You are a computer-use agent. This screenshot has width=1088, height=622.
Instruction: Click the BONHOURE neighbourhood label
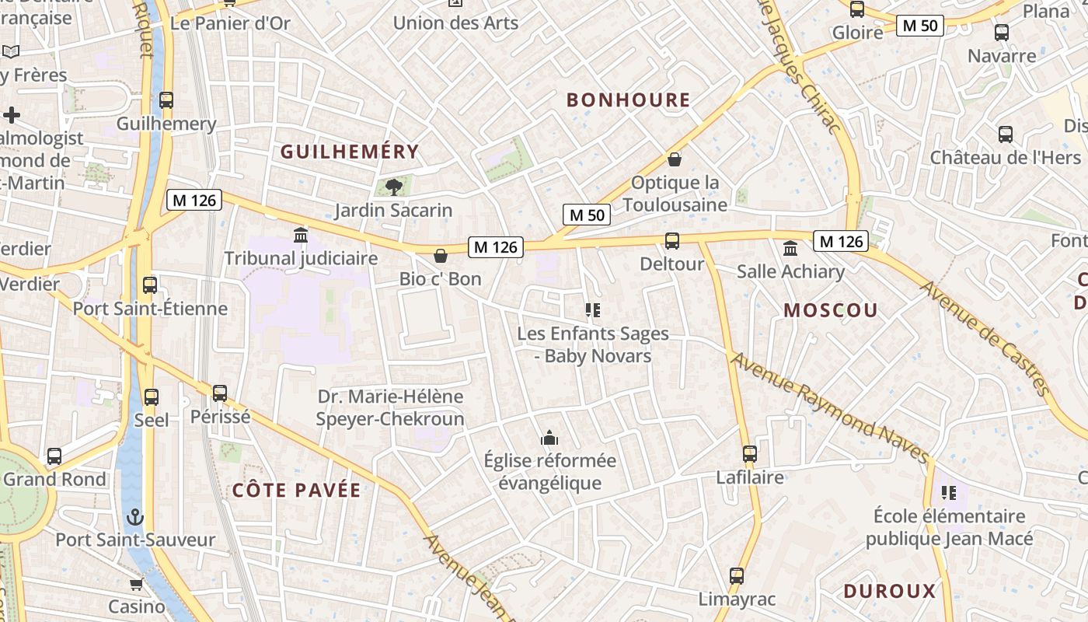point(628,100)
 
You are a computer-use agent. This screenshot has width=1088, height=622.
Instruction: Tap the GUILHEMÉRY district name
point(350,152)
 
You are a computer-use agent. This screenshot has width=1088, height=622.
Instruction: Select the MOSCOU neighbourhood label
point(830,310)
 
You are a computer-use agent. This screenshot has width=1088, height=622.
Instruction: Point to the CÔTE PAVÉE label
point(296,490)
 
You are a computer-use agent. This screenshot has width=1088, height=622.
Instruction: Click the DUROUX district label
point(890,591)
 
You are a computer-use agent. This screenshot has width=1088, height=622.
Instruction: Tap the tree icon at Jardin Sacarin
point(393,187)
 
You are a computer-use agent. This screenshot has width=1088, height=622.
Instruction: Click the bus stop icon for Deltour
point(672,241)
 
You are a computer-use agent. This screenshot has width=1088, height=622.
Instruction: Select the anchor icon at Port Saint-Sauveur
point(135,517)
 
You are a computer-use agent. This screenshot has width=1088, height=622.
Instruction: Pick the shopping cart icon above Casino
point(137,584)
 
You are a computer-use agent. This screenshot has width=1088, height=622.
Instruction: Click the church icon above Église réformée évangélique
point(549,438)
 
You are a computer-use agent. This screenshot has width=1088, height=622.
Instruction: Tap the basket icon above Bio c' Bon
point(441,256)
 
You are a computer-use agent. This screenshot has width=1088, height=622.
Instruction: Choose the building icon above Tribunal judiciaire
point(301,235)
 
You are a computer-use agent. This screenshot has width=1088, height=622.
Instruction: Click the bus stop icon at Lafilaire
point(749,454)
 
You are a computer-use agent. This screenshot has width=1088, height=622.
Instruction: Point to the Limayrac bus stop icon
point(737,576)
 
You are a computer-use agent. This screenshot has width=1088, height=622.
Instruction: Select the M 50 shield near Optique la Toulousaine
point(586,215)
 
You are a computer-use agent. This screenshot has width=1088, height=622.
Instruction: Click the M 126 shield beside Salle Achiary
point(839,241)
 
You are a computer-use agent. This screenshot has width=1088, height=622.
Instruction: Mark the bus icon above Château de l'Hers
point(1006,134)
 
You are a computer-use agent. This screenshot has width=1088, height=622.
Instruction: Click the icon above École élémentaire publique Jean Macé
point(948,492)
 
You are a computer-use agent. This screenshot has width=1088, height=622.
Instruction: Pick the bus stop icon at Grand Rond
point(54,456)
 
